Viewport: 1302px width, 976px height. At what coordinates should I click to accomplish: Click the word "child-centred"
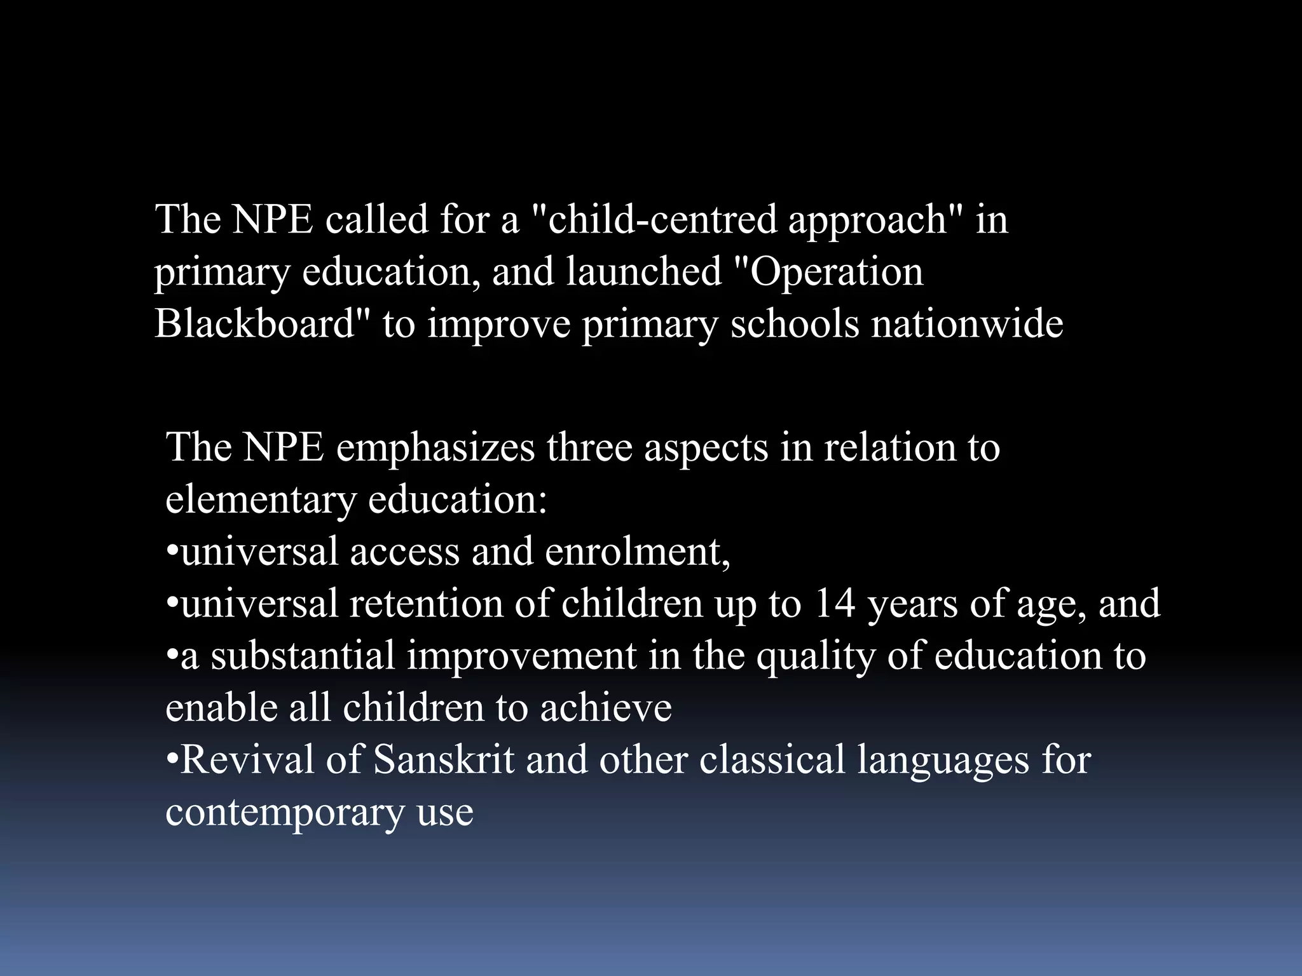pyautogui.click(x=661, y=220)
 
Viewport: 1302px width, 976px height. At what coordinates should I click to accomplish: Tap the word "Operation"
pyautogui.click(x=836, y=272)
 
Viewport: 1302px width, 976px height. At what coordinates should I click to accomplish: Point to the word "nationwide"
pyautogui.click(x=967, y=323)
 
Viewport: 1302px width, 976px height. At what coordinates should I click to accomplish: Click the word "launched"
pyautogui.click(x=643, y=272)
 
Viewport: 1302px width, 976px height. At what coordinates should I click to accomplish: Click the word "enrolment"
pyautogui.click(x=637, y=552)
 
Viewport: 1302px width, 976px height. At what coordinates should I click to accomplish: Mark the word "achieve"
pyautogui.click(x=606, y=708)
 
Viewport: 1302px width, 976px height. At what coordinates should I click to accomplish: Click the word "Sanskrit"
pyautogui.click(x=444, y=760)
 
